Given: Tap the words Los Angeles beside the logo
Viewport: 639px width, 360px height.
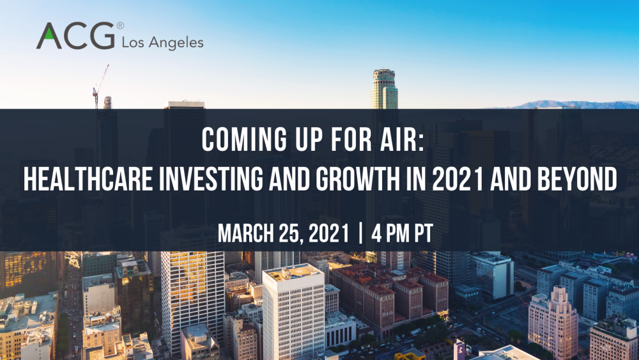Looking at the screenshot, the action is point(162,43).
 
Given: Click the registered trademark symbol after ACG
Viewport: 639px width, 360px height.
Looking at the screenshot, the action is point(120,26).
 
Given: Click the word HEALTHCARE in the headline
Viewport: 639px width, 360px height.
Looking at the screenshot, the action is point(88,179).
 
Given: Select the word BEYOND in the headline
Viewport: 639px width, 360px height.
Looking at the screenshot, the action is point(577,179).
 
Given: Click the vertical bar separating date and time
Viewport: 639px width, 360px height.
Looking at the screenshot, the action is point(360,233).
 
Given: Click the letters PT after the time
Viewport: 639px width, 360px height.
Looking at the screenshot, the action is point(424,233).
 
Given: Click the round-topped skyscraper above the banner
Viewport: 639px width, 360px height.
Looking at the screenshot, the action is point(384,89).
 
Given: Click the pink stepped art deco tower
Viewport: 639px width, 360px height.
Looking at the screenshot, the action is point(553,322).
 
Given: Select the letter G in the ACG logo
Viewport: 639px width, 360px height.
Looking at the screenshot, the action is point(102,35).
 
